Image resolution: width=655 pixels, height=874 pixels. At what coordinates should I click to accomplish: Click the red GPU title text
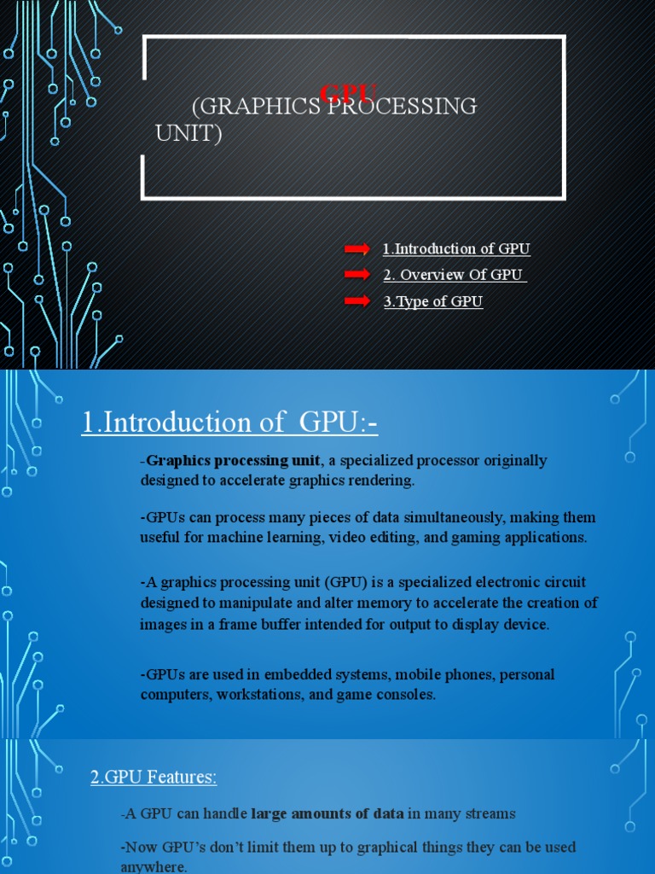pos(348,92)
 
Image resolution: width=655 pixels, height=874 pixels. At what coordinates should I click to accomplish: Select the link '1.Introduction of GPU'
pos(456,249)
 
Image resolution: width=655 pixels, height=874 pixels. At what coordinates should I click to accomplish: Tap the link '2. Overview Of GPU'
pos(454,275)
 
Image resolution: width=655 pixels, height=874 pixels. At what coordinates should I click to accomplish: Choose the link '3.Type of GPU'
pos(433,301)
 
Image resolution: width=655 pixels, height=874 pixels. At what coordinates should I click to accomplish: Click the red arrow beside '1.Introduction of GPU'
pos(356,249)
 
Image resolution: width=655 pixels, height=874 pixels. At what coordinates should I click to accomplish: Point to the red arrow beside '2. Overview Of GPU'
pos(356,275)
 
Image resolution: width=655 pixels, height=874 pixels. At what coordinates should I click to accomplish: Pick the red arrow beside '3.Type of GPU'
pos(356,301)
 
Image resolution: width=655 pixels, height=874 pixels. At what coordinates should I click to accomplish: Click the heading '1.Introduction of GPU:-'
pos(229,422)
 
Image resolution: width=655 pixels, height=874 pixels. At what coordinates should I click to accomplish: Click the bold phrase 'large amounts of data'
pos(327,813)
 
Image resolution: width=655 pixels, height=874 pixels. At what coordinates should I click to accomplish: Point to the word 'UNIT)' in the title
pos(188,133)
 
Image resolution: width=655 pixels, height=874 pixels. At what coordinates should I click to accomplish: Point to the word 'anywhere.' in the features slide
pos(154,866)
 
